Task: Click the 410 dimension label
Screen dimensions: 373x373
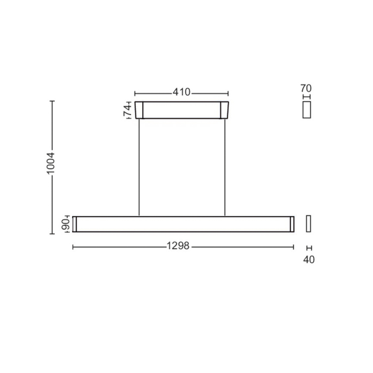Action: (182, 92)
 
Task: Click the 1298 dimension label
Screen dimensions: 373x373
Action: (178, 246)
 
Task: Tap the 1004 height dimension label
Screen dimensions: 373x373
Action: (51, 164)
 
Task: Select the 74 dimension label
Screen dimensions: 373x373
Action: (127, 110)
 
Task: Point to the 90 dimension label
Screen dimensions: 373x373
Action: (65, 224)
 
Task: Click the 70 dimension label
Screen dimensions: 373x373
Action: (306, 88)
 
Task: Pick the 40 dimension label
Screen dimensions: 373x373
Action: (309, 259)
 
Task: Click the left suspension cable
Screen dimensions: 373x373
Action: (139, 167)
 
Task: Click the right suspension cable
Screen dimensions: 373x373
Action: (225, 167)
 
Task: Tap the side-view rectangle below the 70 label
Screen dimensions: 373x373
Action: (307, 110)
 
